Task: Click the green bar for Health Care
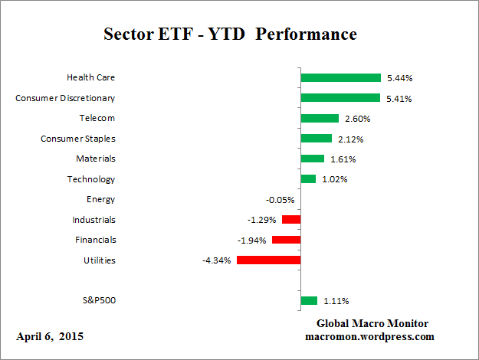[340, 77]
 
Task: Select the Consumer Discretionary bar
[340, 98]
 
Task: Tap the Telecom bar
[320, 118]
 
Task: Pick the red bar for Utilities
[268, 260]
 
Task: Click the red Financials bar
[286, 240]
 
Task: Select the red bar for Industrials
[291, 220]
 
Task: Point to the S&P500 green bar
[309, 300]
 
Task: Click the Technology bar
[308, 179]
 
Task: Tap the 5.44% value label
[398, 78]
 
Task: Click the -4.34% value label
[218, 260]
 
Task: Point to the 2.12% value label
[349, 139]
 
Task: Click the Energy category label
[100, 199]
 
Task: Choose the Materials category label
[95, 159]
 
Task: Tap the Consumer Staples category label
[77, 139]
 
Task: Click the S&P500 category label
[98, 300]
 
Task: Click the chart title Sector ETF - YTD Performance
[230, 34]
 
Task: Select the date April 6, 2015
[50, 336]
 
